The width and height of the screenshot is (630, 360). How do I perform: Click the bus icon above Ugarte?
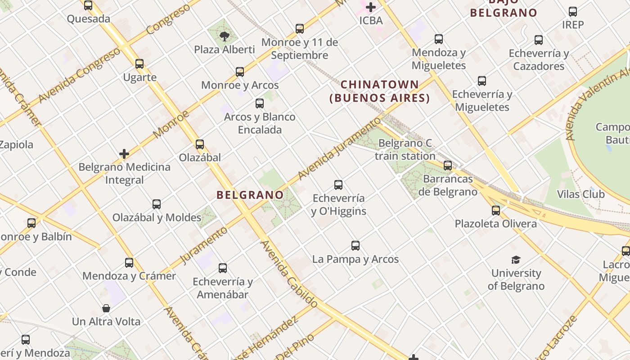point(139,64)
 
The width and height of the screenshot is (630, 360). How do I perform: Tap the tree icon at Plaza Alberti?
point(224,36)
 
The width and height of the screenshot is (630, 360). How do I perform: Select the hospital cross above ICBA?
point(371,7)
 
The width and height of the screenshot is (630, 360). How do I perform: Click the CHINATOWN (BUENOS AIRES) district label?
point(380,91)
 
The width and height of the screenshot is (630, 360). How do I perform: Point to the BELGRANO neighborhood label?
point(250,195)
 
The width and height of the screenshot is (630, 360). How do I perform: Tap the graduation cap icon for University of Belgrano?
point(516,260)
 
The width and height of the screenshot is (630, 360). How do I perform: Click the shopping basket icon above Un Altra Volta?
point(106,308)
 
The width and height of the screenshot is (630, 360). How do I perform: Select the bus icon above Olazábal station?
point(200,144)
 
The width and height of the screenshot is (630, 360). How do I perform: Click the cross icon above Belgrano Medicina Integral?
point(124,154)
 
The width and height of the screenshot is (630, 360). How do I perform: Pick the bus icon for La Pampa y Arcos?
point(355,246)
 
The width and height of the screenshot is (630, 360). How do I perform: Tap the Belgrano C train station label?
point(405,150)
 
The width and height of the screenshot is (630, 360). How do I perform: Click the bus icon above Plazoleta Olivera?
point(496,210)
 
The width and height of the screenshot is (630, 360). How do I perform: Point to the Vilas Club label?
point(580,194)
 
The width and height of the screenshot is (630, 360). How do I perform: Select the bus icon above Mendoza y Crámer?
point(129,262)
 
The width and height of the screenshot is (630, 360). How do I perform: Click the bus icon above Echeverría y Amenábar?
point(223,268)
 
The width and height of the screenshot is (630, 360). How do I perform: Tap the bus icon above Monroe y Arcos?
point(240,72)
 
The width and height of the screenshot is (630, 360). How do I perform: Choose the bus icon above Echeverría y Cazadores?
point(539,40)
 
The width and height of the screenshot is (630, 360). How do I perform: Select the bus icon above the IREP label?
point(573,12)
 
